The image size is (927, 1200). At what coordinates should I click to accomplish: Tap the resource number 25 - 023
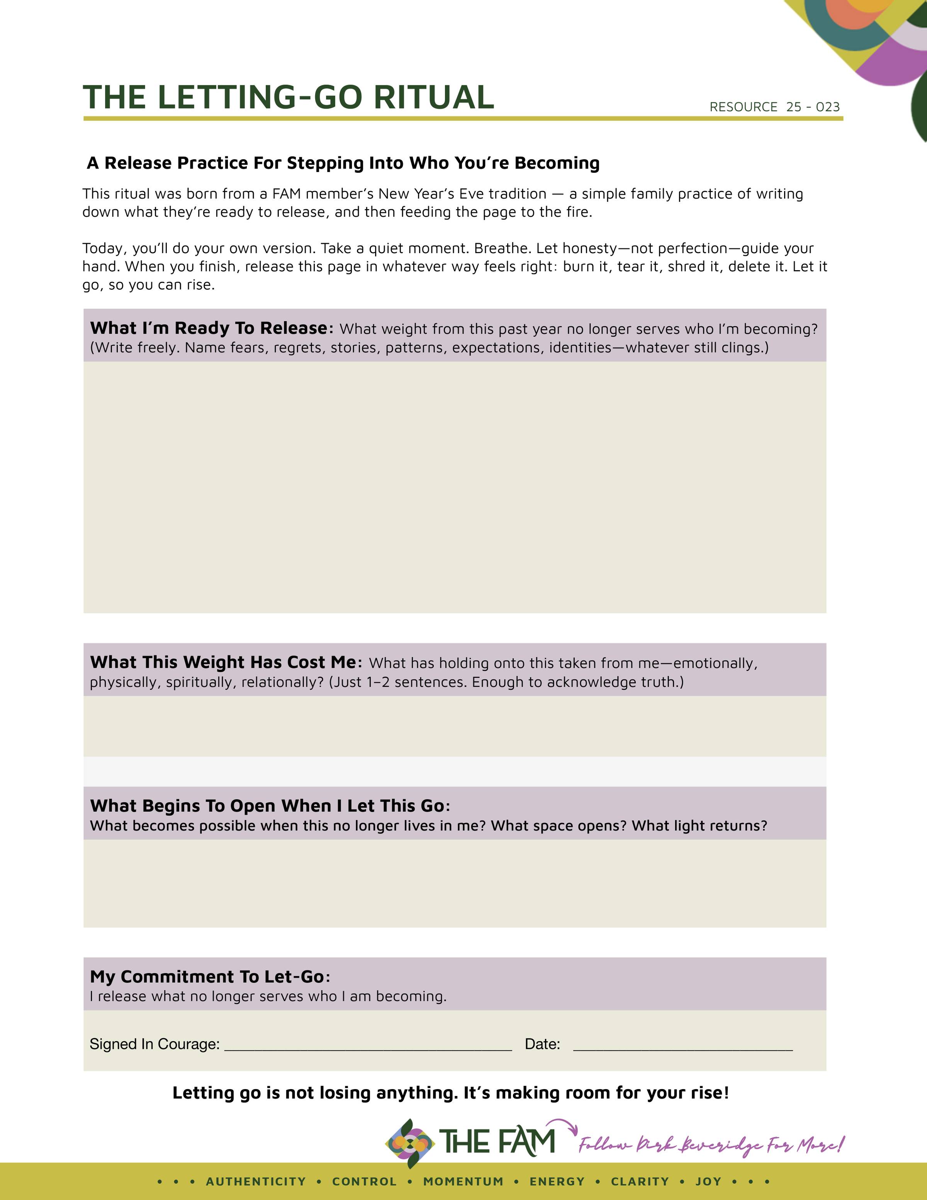(x=813, y=107)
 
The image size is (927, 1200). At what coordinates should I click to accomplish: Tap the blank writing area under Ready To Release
(x=455, y=487)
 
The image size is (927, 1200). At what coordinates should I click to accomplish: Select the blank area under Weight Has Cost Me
(x=455, y=726)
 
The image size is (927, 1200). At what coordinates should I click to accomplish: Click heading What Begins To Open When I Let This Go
(x=270, y=805)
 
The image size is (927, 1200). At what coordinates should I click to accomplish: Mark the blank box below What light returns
(x=455, y=883)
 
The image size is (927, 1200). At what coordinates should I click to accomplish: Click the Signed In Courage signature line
(x=368, y=1045)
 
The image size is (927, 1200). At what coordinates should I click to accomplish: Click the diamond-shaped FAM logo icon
(x=410, y=1144)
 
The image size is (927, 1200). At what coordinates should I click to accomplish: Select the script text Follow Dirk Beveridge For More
(x=711, y=1145)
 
